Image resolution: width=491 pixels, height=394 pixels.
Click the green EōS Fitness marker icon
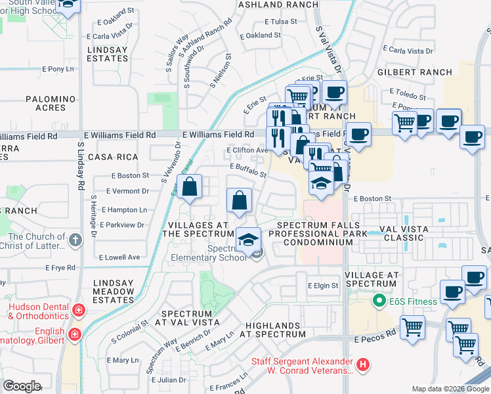click(x=378, y=301)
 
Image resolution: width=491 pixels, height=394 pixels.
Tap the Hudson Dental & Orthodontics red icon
click(x=79, y=309)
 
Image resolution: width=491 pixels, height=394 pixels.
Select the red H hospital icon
click(x=362, y=363)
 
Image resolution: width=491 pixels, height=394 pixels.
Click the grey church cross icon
click(x=75, y=240)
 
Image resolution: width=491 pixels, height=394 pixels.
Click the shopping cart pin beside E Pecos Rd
click(x=412, y=327)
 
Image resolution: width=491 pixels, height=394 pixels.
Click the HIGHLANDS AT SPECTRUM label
click(x=276, y=330)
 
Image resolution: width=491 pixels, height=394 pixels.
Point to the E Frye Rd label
click(x=60, y=268)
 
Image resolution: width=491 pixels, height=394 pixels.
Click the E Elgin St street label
click(x=323, y=286)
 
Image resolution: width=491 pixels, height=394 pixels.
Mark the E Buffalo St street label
click(x=248, y=171)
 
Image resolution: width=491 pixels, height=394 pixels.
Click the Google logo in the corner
click(x=22, y=386)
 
